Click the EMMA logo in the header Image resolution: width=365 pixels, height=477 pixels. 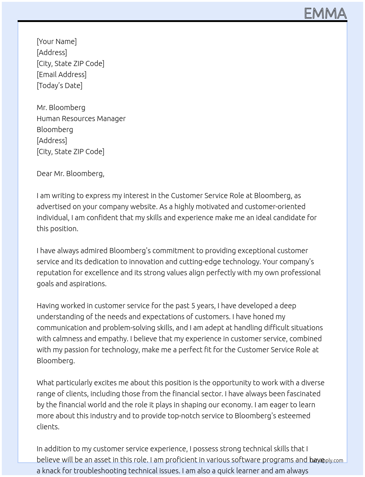point(325,14)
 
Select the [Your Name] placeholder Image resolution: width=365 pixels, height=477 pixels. point(56,41)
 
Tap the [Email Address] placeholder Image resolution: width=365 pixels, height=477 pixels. point(62,74)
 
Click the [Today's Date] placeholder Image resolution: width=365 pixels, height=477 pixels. point(59,85)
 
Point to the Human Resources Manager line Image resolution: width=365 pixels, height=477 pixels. point(81,119)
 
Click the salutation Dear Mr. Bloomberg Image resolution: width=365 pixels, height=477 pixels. point(70,174)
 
